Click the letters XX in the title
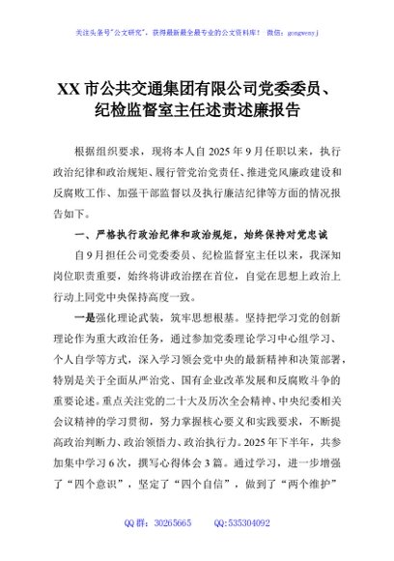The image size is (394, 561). [69, 91]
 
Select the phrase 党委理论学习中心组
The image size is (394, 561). [247, 339]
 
